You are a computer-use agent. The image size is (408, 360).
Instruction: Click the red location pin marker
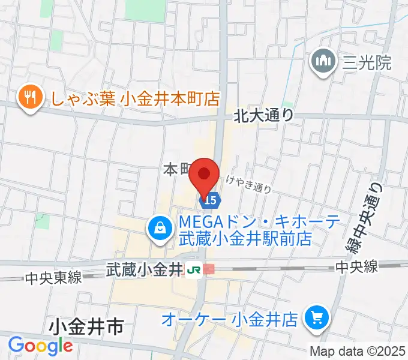(204, 176)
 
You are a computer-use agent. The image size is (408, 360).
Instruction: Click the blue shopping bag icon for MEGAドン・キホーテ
(160, 229)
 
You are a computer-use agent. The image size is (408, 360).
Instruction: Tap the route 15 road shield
(211, 198)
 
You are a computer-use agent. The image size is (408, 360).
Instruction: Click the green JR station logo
(194, 270)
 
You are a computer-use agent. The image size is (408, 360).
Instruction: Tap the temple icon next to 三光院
(323, 62)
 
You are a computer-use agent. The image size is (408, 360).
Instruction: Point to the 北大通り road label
(264, 113)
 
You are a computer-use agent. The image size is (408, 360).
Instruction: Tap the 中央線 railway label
(357, 266)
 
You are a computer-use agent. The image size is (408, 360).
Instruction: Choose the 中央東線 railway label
(53, 278)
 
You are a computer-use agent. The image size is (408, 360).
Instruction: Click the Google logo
(40, 345)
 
